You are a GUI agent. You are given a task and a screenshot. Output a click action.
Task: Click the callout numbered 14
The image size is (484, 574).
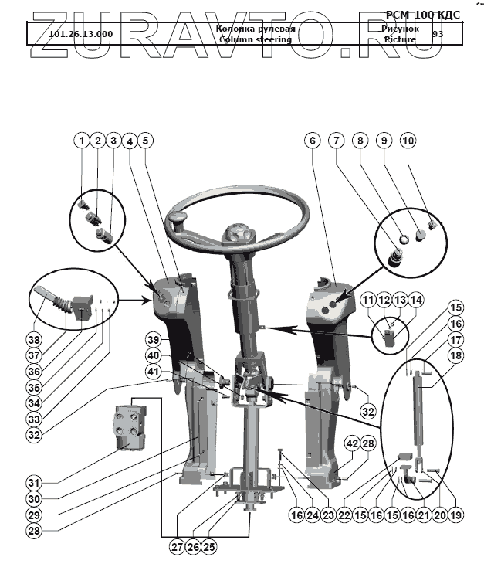pyautogui.click(x=417, y=299)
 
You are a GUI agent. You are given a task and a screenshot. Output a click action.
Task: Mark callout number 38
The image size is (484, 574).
pyautogui.click(x=32, y=339)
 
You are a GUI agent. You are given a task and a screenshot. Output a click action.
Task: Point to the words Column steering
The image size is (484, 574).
pyautogui.click(x=255, y=39)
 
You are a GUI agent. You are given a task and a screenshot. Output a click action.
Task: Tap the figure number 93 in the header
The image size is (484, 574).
pyautogui.click(x=438, y=34)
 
